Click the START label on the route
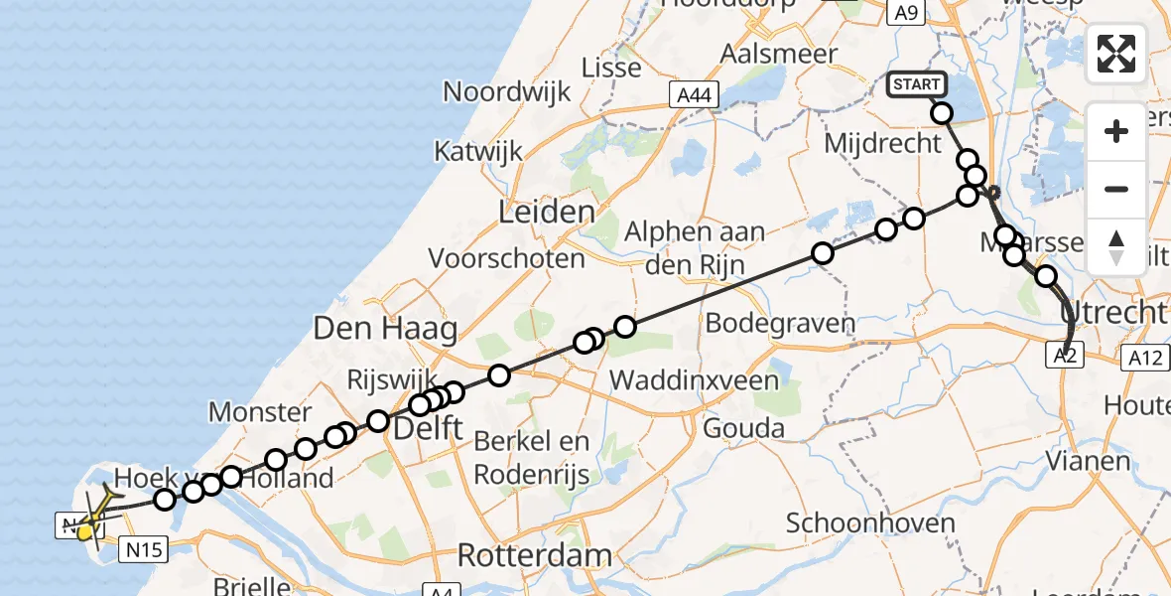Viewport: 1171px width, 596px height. (x=916, y=84)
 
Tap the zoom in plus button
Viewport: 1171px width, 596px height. (x=1116, y=131)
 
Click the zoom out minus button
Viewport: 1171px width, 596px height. (x=1116, y=189)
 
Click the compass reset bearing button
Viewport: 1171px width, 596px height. (x=1116, y=246)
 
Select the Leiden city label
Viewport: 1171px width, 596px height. (x=547, y=212)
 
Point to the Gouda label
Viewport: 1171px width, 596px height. (x=743, y=428)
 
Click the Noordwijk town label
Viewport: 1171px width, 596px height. (x=507, y=92)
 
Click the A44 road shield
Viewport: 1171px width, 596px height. (x=694, y=94)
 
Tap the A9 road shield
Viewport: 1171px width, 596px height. (x=905, y=13)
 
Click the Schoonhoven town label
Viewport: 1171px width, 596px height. (x=857, y=522)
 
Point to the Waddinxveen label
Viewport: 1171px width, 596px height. (x=694, y=378)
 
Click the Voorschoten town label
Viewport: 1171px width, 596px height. (x=507, y=259)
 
